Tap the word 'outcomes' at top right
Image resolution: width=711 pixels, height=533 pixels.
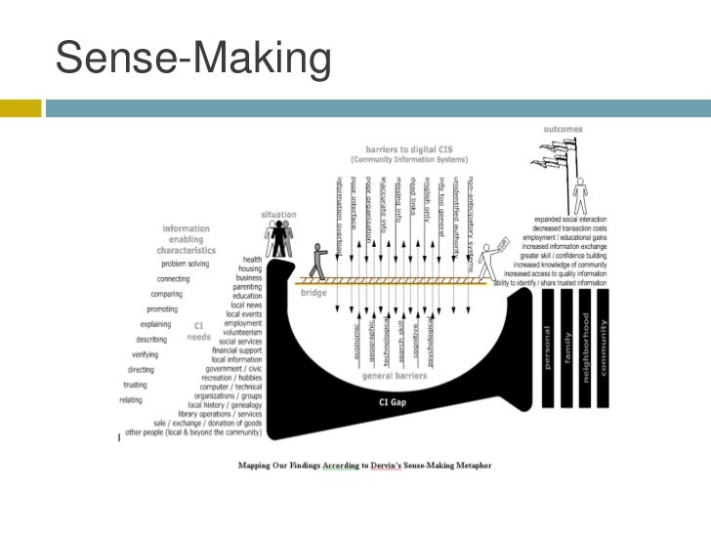coord(564,128)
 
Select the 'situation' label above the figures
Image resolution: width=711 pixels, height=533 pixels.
coord(278,215)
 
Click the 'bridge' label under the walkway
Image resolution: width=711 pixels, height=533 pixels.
coord(314,292)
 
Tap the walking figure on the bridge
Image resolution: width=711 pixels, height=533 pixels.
coord(315,262)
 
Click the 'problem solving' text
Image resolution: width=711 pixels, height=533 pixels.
coord(187,264)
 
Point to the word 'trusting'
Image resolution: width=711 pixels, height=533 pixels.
coord(135,385)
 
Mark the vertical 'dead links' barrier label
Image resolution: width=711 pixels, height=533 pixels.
coord(413,199)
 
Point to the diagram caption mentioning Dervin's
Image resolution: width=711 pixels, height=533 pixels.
coord(366,465)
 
